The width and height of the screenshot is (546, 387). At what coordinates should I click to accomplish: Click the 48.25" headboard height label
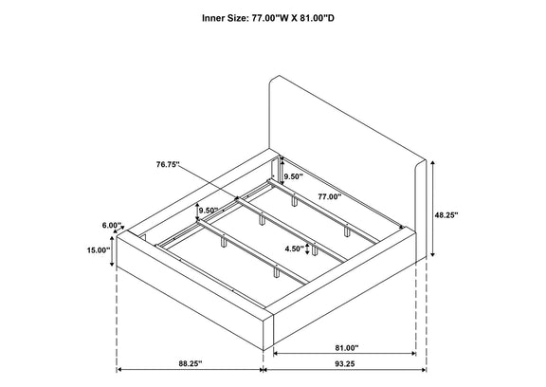point(446,215)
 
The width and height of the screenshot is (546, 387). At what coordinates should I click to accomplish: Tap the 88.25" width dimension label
point(191,363)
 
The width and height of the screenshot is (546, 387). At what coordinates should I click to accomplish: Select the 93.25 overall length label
point(345,363)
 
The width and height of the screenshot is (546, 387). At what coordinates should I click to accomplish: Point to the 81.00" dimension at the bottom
point(347,348)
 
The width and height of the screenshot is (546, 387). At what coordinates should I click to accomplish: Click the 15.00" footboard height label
point(99,249)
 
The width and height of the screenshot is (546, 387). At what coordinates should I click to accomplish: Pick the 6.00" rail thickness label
point(112,226)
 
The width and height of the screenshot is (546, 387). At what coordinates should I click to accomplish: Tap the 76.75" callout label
point(168,164)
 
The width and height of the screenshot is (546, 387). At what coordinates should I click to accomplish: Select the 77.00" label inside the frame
point(330,196)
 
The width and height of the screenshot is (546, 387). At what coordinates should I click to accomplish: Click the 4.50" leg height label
point(295,249)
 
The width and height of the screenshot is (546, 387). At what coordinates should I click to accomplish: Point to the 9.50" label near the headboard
point(294,176)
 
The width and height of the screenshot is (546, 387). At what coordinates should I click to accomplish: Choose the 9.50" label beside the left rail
point(209,210)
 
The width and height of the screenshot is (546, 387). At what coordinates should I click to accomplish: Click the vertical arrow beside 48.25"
point(432,209)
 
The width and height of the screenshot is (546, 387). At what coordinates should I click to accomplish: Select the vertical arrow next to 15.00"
point(112,250)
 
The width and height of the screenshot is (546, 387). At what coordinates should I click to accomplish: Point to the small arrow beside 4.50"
point(307,249)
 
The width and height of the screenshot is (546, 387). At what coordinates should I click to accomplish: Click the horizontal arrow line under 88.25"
point(190,370)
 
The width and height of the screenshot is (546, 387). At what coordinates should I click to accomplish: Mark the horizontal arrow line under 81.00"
point(345,353)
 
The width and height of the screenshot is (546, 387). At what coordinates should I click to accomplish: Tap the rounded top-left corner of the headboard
point(273,80)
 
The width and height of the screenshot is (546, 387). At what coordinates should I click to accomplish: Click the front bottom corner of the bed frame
point(264,350)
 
